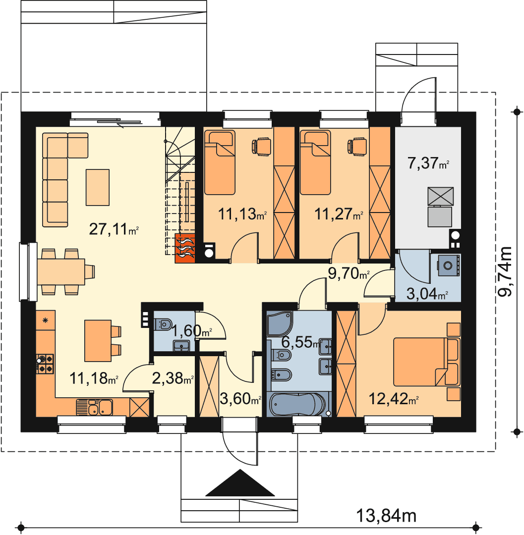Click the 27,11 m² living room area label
[x=114, y=229]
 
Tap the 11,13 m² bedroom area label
[x=242, y=214]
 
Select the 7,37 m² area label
[x=428, y=163]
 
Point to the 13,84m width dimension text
[x=386, y=516]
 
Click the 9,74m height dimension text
[x=505, y=271]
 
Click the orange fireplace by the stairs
[x=185, y=248]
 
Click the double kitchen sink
[x=95, y=407]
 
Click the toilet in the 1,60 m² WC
[x=163, y=324]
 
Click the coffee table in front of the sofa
[x=98, y=187]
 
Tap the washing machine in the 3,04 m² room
[x=449, y=265]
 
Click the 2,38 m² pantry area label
[x=173, y=378]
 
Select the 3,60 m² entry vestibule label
[x=240, y=398]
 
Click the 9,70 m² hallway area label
[x=349, y=273]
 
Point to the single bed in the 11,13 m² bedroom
[x=220, y=163]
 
